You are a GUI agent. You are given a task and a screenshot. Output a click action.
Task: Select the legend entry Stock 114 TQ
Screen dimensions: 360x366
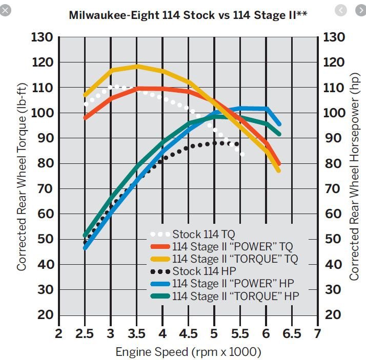(197, 234)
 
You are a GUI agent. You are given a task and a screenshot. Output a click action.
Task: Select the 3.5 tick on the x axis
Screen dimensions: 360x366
(136, 334)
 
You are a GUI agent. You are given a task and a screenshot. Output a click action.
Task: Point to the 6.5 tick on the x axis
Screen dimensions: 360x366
(292, 334)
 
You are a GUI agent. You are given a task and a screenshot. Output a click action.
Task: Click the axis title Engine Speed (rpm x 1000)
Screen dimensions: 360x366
(188, 352)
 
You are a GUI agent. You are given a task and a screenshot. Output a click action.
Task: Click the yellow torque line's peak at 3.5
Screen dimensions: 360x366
(136, 66)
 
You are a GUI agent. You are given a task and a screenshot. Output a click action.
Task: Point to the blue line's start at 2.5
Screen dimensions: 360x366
(85, 248)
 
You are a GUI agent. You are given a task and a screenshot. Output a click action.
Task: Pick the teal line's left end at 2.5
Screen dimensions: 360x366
(85, 236)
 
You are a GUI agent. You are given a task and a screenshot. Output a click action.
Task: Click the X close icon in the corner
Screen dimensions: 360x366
(6, 11)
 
